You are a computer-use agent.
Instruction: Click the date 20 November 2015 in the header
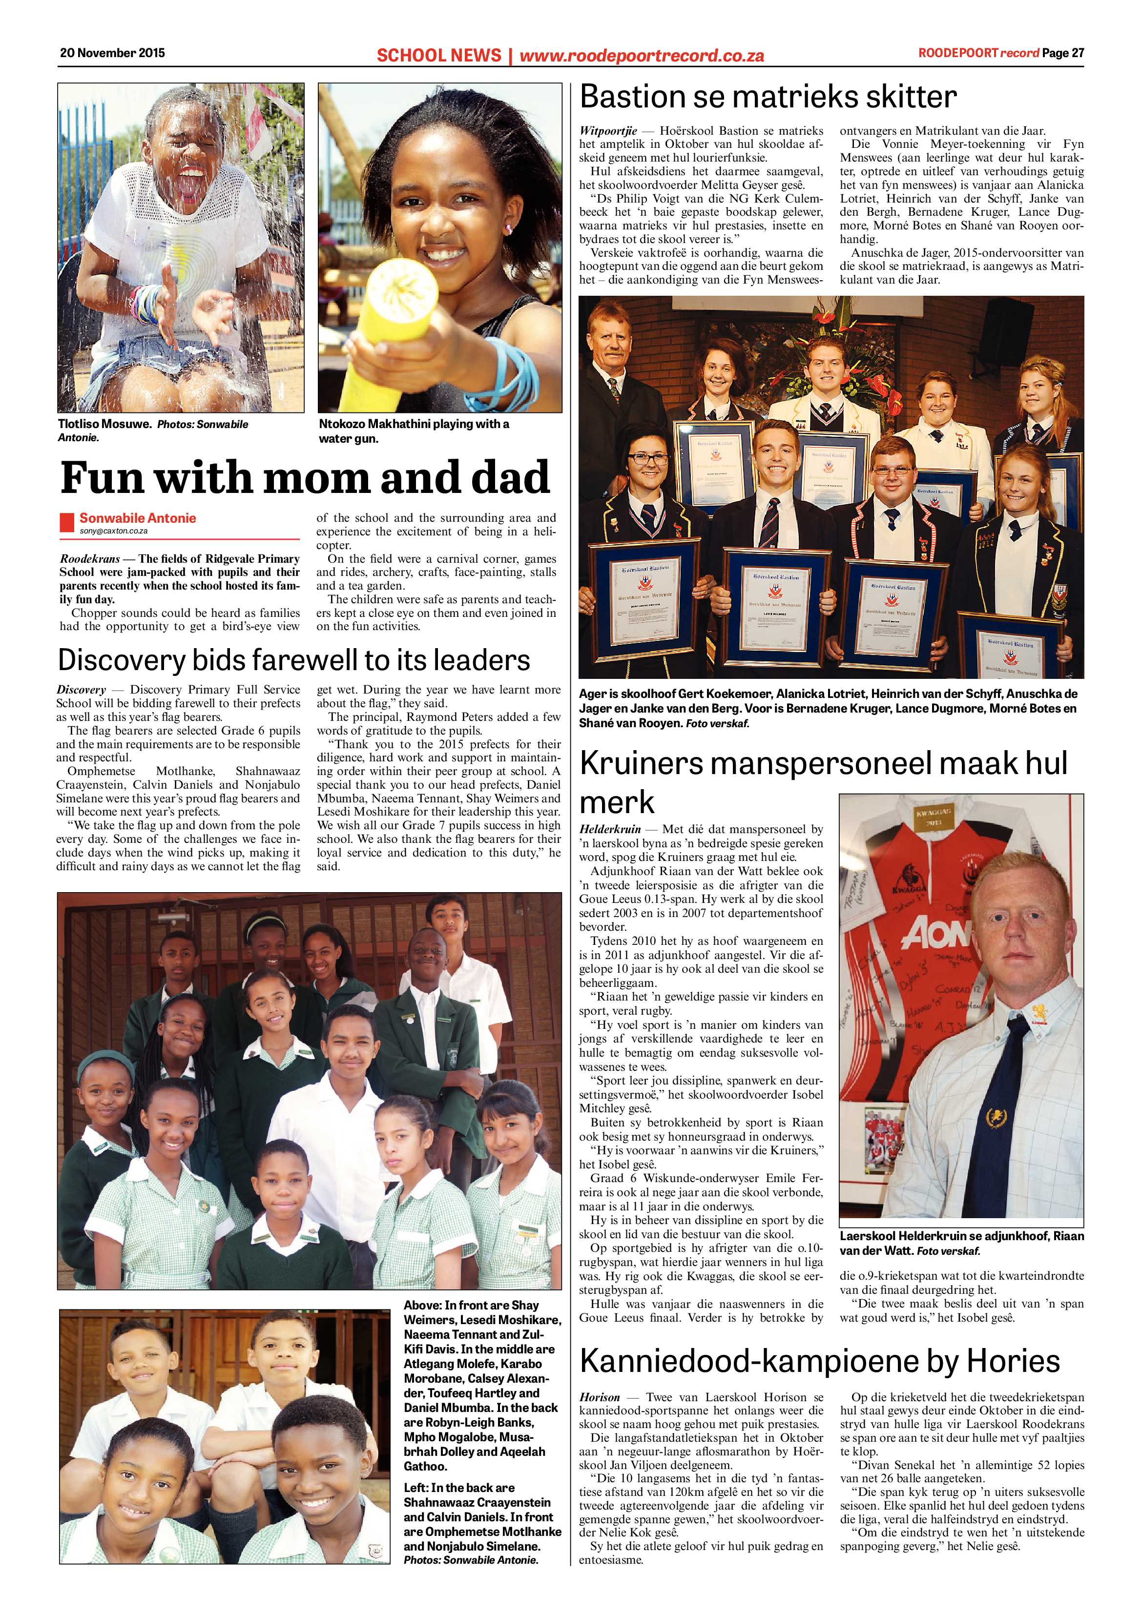pos(112,52)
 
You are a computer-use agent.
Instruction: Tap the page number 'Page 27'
pos(1063,53)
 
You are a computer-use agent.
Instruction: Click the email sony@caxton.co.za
pos(113,531)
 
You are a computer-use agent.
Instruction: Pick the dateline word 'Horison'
pos(600,1397)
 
